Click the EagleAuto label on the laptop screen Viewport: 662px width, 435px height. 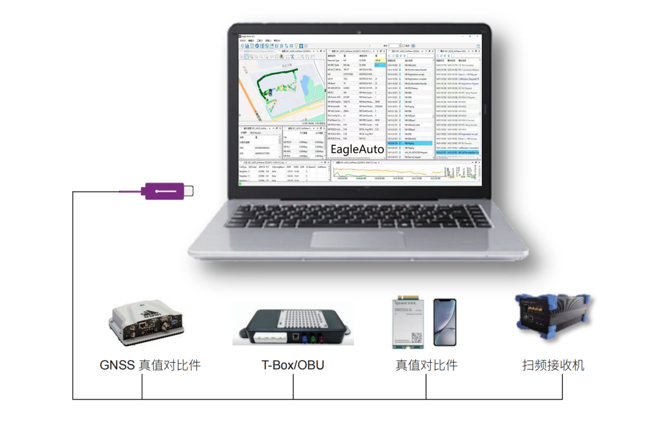(357, 149)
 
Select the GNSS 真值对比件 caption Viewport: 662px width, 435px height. (150, 366)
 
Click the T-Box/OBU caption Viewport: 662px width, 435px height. (293, 366)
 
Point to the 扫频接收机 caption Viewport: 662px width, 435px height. (553, 366)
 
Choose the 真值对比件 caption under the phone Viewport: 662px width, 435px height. (426, 366)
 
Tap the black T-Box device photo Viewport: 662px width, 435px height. (293, 325)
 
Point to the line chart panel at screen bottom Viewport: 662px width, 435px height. (405, 172)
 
